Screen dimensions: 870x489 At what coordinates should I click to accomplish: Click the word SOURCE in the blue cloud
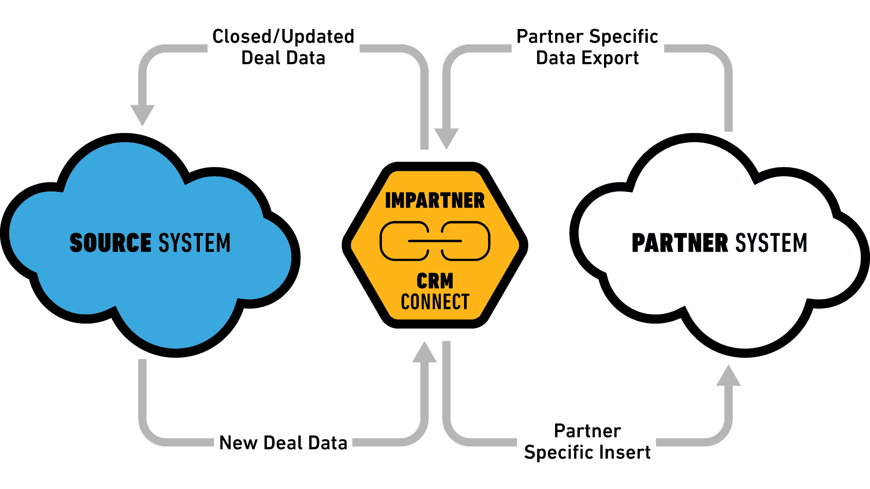coord(110,243)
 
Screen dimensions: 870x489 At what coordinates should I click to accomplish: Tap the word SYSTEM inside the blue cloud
coord(194,243)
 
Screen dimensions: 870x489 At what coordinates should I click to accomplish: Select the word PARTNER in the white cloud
coord(680,243)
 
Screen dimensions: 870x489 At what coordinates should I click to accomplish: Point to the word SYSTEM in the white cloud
coord(771,243)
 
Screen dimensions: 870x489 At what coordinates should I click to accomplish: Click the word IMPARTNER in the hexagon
coord(435,201)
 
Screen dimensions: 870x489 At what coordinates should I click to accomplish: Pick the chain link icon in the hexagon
coord(435,241)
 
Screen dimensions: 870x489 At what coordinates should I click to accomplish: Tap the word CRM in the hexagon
coord(435,281)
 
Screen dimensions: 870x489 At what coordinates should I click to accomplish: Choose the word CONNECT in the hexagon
coord(435,302)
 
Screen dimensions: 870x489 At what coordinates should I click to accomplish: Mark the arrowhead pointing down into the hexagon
coord(447,139)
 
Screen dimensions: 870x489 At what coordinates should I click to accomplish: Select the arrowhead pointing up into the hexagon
coord(425,352)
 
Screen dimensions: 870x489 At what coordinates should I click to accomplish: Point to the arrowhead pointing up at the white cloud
coord(729,375)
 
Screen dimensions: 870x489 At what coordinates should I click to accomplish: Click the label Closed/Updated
coord(283,37)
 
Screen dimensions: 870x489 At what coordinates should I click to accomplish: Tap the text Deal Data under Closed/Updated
coord(283,58)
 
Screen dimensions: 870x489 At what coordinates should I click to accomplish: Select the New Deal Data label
coord(283,443)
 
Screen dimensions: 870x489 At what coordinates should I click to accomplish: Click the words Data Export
coord(587,58)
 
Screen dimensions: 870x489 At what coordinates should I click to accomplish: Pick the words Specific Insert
coord(587,452)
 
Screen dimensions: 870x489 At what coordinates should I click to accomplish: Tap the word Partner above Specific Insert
coord(587,431)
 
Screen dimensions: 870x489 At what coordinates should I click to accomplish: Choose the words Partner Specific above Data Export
coord(587,37)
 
